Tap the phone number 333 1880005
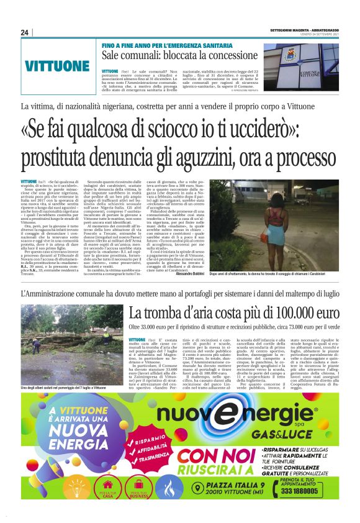coord(308,491)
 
